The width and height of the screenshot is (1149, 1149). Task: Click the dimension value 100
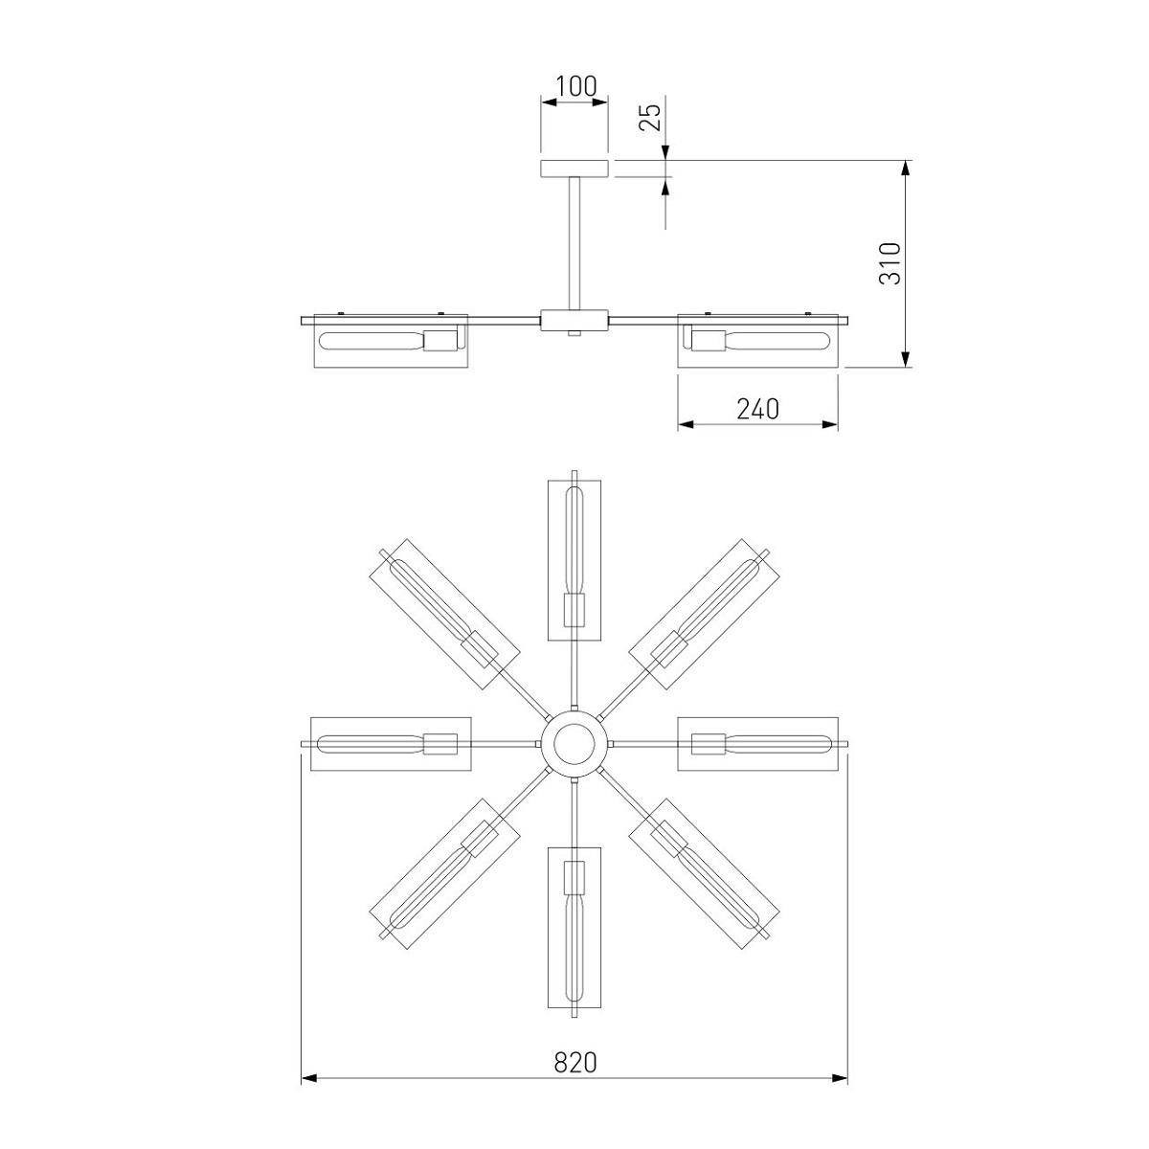575,86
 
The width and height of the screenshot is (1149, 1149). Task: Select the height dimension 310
890,263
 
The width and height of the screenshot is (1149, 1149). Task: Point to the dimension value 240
757,409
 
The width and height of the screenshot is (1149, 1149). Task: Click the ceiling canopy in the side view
574,169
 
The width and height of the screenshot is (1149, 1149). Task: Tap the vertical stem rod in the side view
574,243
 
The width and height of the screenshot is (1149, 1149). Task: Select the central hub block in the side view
574,320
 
